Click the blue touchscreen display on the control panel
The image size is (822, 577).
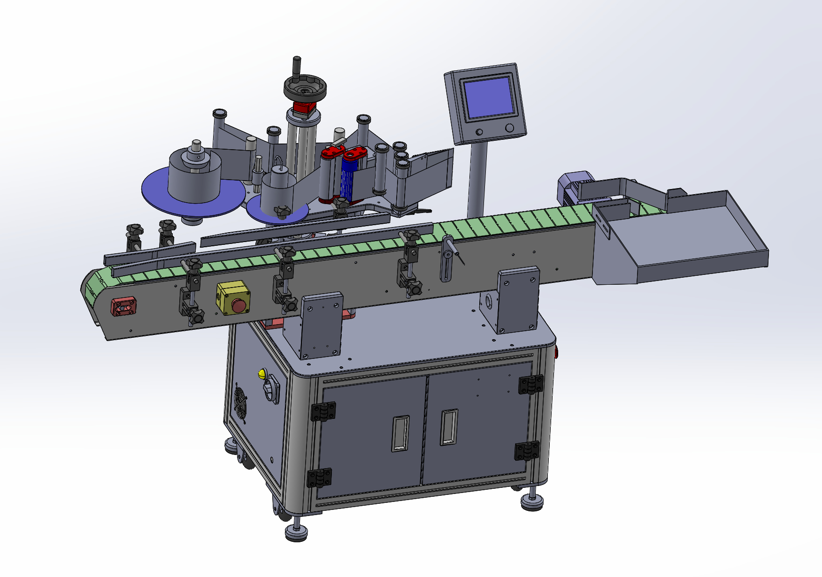[489, 98]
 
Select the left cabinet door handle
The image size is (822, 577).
[400, 433]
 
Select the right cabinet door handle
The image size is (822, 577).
[449, 427]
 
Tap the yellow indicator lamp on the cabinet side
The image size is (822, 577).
[261, 374]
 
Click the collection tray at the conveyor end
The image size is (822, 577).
[685, 239]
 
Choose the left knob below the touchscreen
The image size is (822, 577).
[479, 132]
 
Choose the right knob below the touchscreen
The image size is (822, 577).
[510, 128]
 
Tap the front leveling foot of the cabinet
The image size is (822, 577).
[296, 532]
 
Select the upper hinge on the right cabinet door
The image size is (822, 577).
[530, 384]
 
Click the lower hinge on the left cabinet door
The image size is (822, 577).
[319, 478]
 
